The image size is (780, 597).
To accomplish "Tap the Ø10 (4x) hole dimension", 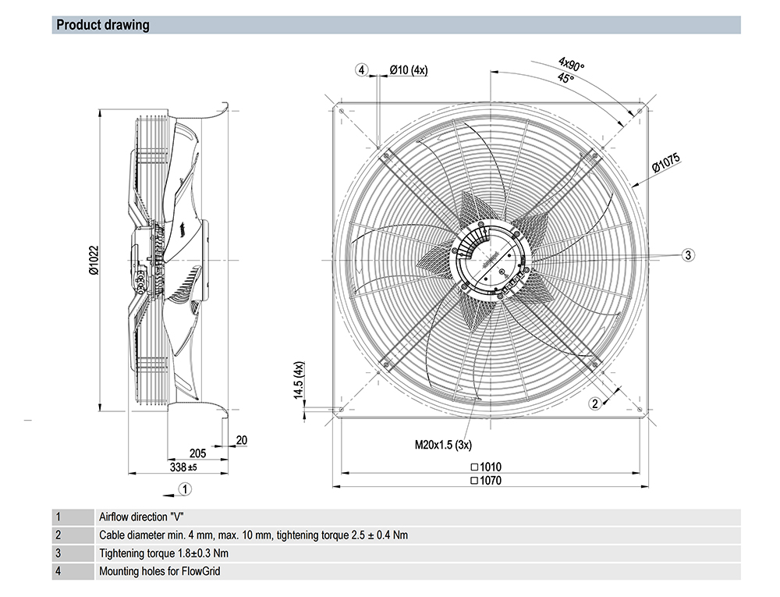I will (408, 70).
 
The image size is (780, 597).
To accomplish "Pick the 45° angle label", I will (565, 79).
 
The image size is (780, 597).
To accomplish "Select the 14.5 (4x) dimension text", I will (299, 380).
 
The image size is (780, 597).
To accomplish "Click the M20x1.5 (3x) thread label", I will (442, 446).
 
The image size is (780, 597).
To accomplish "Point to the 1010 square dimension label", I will (486, 467).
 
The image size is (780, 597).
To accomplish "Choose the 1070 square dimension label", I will (486, 481).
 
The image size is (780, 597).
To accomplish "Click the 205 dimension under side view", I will (197, 453).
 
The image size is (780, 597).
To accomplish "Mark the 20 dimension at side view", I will (241, 441).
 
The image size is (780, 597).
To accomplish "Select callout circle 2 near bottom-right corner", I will (595, 403).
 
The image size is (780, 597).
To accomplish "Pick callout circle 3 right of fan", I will (689, 254).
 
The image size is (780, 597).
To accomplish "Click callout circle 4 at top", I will (361, 70).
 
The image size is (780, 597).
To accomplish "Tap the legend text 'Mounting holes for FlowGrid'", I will (160, 571).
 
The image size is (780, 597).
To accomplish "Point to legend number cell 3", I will (58, 553).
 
